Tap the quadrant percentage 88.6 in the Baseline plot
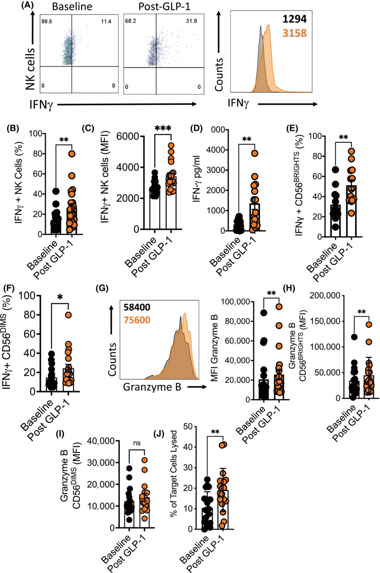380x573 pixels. click(46, 21)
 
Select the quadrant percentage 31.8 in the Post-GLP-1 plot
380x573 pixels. click(191, 21)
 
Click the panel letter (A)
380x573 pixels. click(27, 5)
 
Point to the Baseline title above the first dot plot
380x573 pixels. click(72, 6)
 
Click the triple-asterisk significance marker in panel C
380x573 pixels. click(163, 128)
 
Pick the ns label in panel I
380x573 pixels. click(137, 443)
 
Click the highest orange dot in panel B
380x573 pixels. click(72, 154)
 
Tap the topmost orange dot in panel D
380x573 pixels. click(254, 153)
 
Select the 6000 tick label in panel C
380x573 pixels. click(127, 137)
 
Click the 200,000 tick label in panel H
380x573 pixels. click(325, 296)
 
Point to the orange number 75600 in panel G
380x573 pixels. click(137, 320)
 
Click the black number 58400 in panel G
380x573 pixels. click(137, 308)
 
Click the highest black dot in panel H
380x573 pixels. click(354, 337)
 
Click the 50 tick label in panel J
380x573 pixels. click(188, 427)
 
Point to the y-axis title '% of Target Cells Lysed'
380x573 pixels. click(174, 473)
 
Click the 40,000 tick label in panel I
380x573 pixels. click(101, 441)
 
